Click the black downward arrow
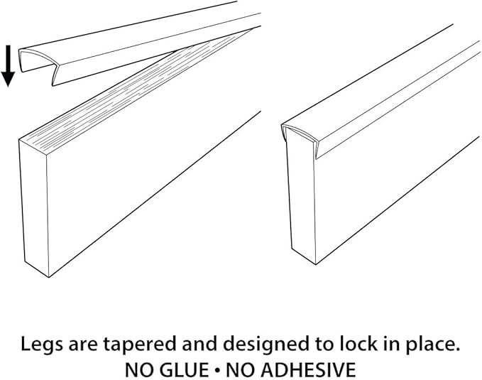coord(8,66)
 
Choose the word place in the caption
coord(429,344)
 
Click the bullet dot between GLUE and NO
coord(217,370)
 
